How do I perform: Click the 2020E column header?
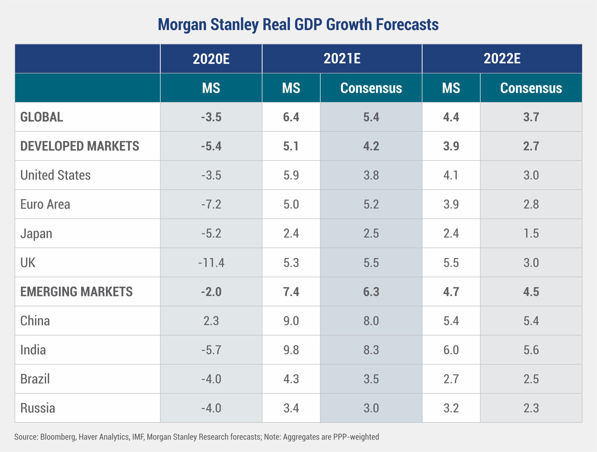click(211, 59)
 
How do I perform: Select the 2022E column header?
click(502, 59)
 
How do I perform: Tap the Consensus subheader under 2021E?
click(371, 88)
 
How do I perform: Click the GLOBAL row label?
click(42, 117)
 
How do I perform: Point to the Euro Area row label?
click(45, 204)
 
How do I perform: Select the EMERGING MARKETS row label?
click(76, 292)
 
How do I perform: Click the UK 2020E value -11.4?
click(211, 263)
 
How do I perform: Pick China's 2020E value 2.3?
click(211, 321)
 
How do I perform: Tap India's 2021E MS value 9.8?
click(291, 350)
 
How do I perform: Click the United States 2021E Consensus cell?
click(371, 175)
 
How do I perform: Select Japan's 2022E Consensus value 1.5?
click(531, 234)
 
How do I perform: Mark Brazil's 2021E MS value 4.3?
click(291, 379)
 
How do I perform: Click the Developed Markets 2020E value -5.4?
click(211, 146)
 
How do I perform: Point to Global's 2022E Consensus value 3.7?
click(531, 117)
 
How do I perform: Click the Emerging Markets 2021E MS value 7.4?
click(291, 292)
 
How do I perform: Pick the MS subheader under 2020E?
click(211, 88)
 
